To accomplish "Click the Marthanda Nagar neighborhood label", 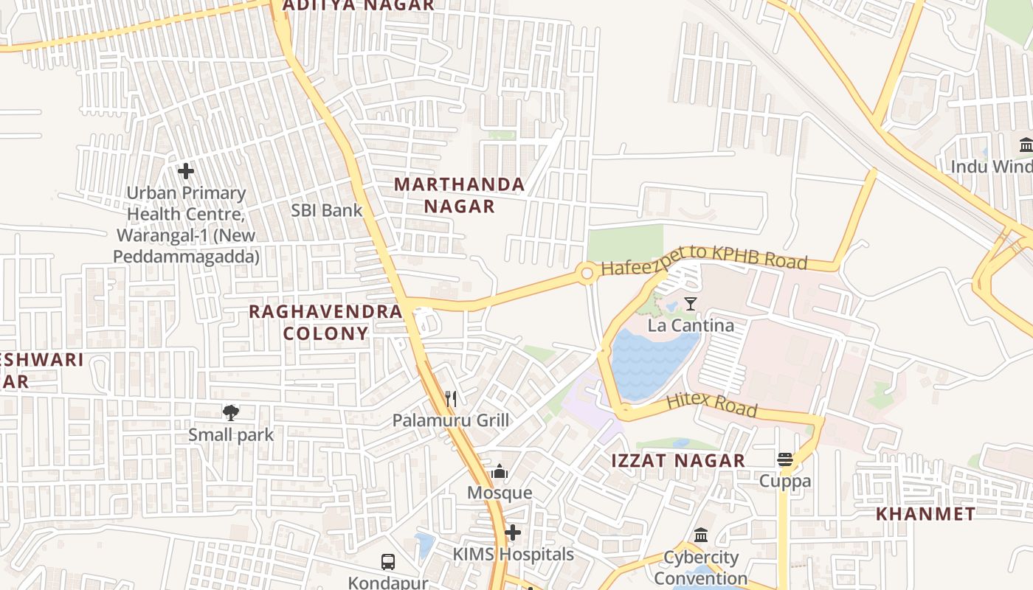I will [x=459, y=195].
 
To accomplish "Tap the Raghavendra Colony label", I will [x=325, y=322].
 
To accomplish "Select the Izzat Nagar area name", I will [x=678, y=461].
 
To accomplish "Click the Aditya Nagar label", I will [x=359, y=6].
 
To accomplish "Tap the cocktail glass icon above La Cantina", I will [x=691, y=303].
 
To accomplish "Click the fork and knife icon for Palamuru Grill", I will [x=451, y=399].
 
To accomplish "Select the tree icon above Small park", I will [x=231, y=412].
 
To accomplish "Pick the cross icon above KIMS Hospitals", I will [x=513, y=532].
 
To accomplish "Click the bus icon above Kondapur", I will [x=388, y=562].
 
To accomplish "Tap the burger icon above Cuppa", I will [x=785, y=460].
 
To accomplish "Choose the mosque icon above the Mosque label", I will [x=500, y=471].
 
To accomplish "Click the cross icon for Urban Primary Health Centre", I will [x=186, y=172].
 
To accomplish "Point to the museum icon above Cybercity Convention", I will [x=701, y=535].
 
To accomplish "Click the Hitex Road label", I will [x=711, y=405].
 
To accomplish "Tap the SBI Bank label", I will [x=326, y=210].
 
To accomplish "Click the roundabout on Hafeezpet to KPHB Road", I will [x=587, y=274].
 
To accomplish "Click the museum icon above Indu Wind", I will [x=1026, y=145].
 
